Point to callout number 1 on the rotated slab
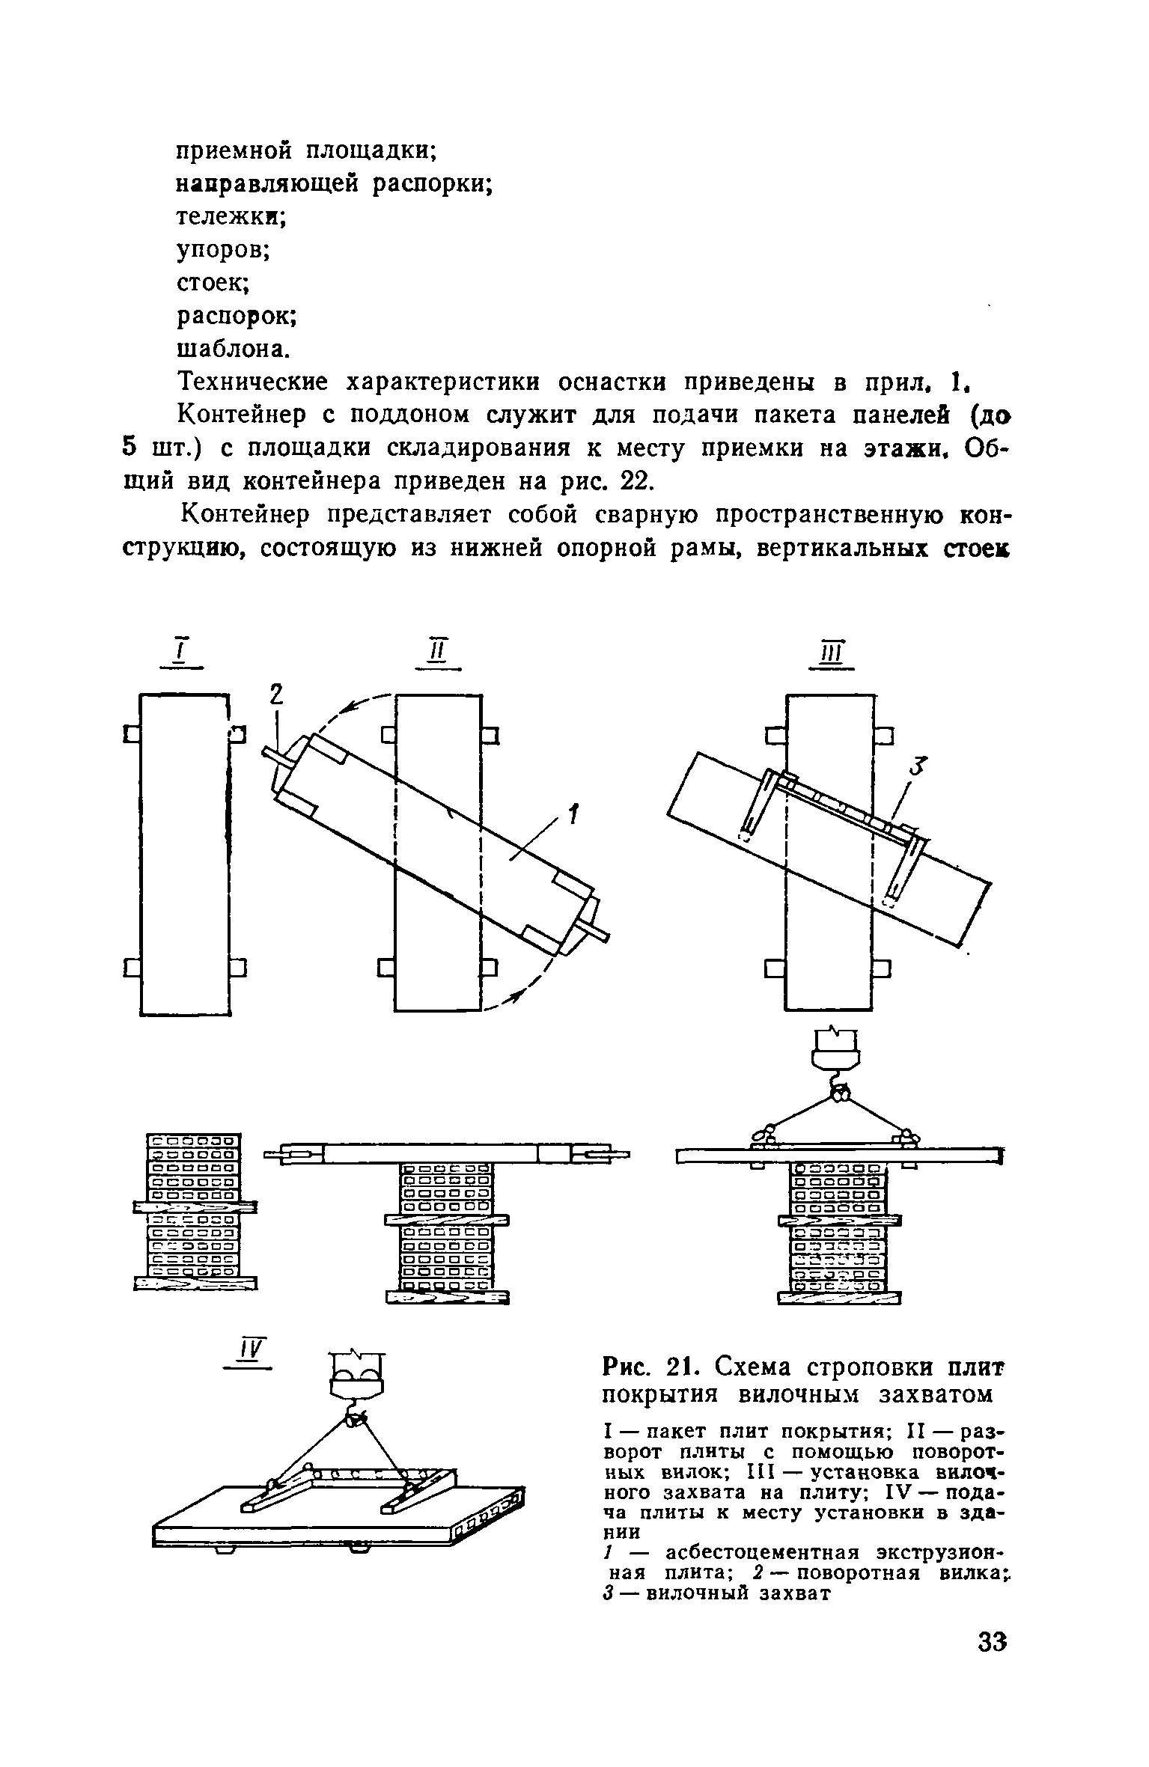[x=573, y=814]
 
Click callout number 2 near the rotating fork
[x=277, y=697]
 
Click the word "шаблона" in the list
[x=231, y=349]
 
